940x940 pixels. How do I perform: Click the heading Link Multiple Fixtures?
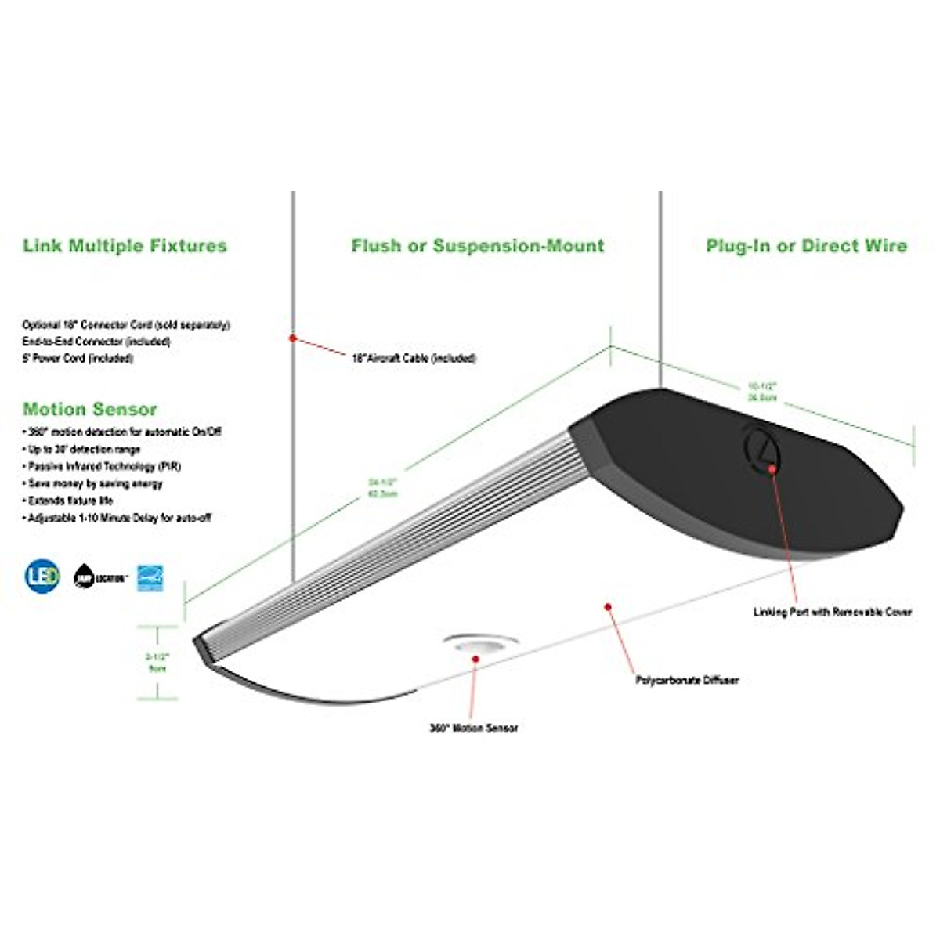tap(125, 246)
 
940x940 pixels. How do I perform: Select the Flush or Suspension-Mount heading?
tap(478, 246)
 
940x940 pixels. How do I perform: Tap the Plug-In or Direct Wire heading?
tap(806, 246)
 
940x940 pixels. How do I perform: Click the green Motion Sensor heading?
tap(90, 409)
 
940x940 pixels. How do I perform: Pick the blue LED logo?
tap(42, 577)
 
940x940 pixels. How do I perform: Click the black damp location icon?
tap(84, 577)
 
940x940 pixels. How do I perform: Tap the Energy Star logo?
tap(150, 577)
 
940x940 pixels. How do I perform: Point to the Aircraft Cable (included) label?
tap(414, 358)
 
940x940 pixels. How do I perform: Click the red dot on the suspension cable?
tap(292, 338)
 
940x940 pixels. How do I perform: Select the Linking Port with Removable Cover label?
tap(832, 612)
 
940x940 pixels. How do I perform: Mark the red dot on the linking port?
tap(772, 468)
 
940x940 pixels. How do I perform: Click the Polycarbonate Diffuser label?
tap(687, 681)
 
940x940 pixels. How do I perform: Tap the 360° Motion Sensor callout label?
tap(474, 728)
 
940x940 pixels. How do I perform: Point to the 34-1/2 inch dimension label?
tap(383, 487)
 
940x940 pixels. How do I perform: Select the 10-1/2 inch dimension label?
tap(761, 392)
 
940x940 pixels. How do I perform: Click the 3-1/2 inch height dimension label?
tap(157, 662)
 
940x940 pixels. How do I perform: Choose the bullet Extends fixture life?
tap(70, 501)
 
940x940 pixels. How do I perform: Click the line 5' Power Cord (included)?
tap(78, 359)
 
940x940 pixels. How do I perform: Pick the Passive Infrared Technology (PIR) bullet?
tap(104, 466)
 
